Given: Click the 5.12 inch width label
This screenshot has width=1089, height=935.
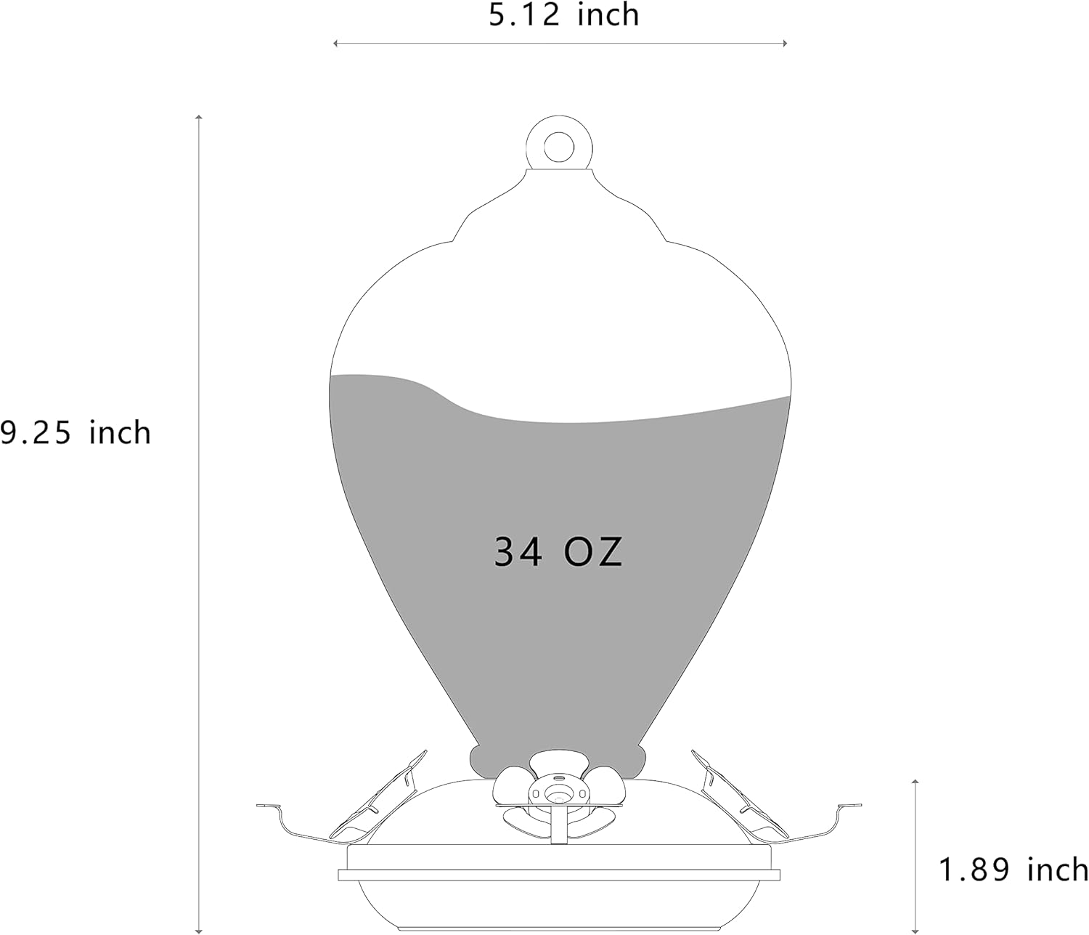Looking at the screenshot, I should click(x=563, y=15).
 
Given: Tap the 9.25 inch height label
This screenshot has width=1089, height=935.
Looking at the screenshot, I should click(x=75, y=433).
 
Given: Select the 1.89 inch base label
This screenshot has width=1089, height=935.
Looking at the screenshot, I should click(x=1013, y=869).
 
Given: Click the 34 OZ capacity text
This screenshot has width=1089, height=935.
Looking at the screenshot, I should click(x=558, y=552).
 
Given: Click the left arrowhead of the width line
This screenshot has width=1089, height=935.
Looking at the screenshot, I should click(x=335, y=44).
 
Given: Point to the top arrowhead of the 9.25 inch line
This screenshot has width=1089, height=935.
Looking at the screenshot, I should click(x=198, y=117).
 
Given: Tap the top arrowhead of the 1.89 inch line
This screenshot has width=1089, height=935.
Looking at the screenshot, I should click(x=915, y=782).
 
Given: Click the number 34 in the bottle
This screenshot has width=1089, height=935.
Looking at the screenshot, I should click(x=518, y=552).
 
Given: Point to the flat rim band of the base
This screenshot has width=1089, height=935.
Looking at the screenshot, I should click(x=558, y=875).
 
